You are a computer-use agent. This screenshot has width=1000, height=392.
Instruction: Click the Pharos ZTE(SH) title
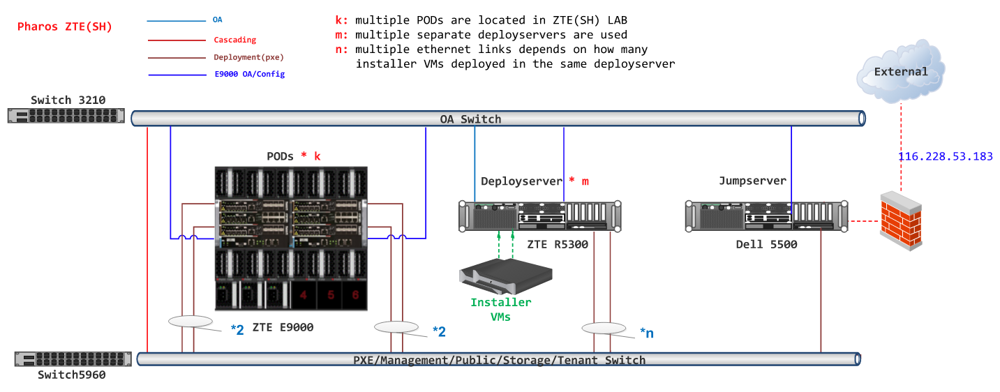pyautogui.click(x=64, y=27)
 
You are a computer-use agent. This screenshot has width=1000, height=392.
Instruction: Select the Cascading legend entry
pyautogui.click(x=234, y=40)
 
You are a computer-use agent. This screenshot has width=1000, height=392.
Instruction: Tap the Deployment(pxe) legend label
pyautogui.click(x=248, y=57)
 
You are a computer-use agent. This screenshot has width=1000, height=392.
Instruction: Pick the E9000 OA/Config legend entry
pyautogui.click(x=249, y=74)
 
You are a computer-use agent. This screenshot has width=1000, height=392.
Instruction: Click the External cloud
pyautogui.click(x=901, y=71)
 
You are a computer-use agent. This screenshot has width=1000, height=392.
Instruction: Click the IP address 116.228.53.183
pyautogui.click(x=945, y=156)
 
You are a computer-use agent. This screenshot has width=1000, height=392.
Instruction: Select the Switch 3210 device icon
pyautogui.click(x=66, y=116)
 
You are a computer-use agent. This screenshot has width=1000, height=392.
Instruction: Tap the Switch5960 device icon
pyautogui.click(x=73, y=359)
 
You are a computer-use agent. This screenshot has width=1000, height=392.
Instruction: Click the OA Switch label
pyautogui.click(x=470, y=119)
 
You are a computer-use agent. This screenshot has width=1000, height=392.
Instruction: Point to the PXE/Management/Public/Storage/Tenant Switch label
pyautogui.click(x=499, y=361)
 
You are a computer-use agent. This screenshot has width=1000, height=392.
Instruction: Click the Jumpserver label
pyautogui.click(x=752, y=181)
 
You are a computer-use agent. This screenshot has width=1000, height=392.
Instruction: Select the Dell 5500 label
pyautogui.click(x=766, y=245)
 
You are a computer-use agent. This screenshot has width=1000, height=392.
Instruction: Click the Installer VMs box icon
pyautogui.click(x=505, y=278)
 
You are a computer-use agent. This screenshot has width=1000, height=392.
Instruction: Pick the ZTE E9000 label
pyautogui.click(x=283, y=326)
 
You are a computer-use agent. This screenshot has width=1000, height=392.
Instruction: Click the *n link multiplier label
pyautogui.click(x=646, y=333)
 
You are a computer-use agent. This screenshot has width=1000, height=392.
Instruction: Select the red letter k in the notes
pyautogui.click(x=339, y=20)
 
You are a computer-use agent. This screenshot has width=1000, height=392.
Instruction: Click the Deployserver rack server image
pyautogui.click(x=539, y=216)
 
